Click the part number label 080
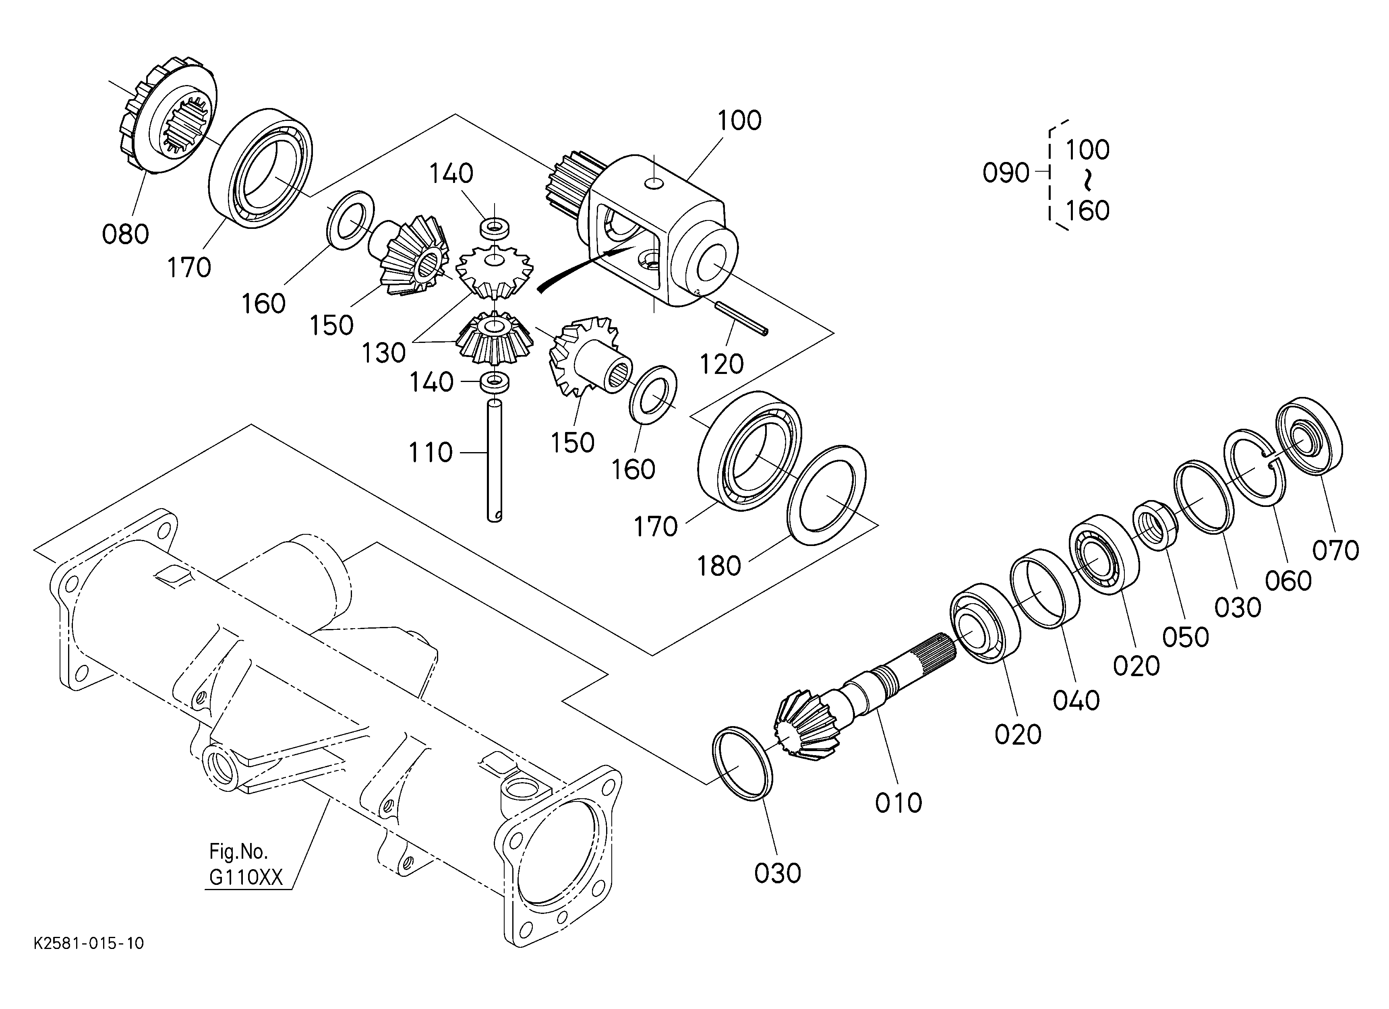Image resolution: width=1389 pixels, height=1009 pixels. (126, 235)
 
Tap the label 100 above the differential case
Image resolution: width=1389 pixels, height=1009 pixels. (739, 121)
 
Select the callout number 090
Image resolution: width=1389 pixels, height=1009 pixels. (1006, 173)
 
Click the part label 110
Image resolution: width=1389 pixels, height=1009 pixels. (431, 453)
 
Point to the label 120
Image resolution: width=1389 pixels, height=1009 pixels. (721, 365)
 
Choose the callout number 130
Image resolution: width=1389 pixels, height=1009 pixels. (383, 353)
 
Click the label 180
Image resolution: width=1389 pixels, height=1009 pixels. (719, 566)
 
